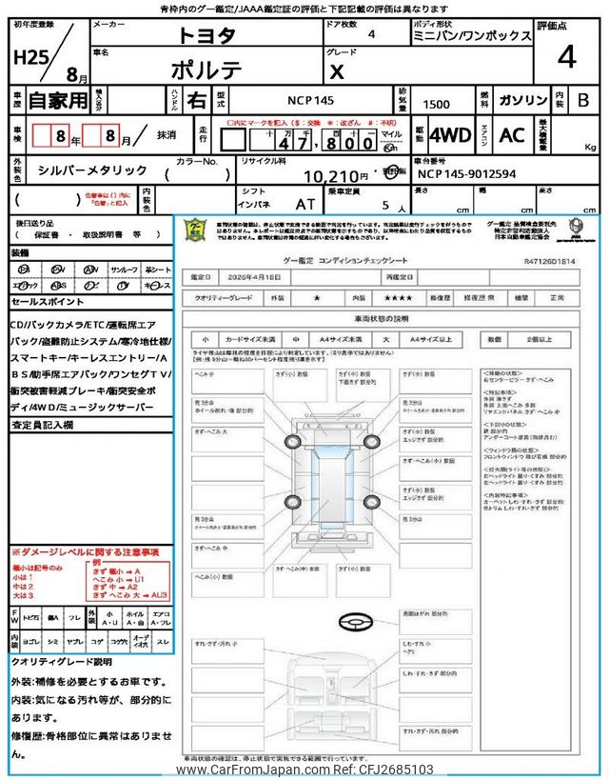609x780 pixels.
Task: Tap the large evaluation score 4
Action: tap(567, 58)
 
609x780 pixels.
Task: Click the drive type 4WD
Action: tap(449, 134)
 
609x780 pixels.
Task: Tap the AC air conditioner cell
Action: tap(512, 134)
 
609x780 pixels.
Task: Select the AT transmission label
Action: tap(305, 204)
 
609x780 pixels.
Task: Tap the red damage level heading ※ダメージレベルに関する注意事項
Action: tap(85, 552)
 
